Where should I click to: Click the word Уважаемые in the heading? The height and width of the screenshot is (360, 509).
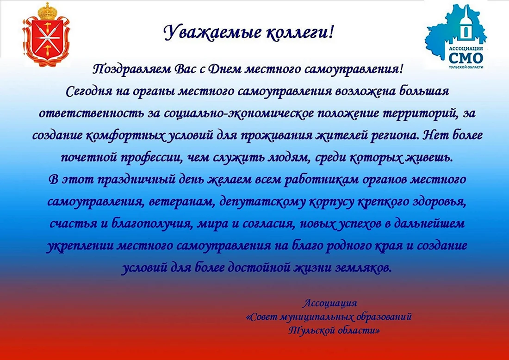pyautogui.click(x=211, y=32)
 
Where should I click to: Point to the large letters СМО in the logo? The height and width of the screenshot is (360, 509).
pyautogui.click(x=466, y=58)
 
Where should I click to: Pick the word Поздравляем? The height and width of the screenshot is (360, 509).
pyautogui.click(x=133, y=69)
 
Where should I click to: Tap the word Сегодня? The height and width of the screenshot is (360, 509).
pyautogui.click(x=88, y=92)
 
